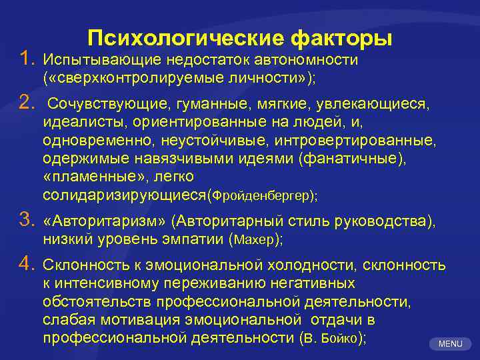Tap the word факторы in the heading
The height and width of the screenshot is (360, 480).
pyautogui.click(x=340, y=37)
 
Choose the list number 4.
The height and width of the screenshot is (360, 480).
pyautogui.click(x=26, y=265)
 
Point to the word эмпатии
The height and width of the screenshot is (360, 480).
pyautogui.click(x=191, y=239)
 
